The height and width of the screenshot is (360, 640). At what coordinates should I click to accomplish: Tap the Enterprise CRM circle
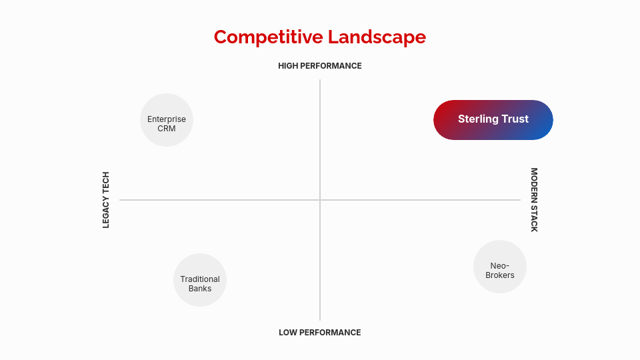pos(167,120)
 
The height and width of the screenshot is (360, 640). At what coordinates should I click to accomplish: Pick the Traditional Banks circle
pos(200,280)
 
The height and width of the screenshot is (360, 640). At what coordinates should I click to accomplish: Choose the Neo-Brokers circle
pos(500,267)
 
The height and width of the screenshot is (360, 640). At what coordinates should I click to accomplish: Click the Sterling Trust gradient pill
pos(493,120)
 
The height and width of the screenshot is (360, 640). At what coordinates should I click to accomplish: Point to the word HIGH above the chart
pos(290,66)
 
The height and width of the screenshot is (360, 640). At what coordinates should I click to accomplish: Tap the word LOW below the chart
pos(289,333)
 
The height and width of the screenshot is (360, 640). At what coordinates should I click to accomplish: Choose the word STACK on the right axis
pos(534,218)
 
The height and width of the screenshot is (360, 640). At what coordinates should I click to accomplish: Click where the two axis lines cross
pos(320,200)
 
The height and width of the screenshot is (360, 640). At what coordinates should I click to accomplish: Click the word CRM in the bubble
pos(167,129)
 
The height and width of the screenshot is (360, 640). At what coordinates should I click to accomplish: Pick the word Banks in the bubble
pos(200,289)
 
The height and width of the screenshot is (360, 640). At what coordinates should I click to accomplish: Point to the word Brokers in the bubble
pos(500,275)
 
